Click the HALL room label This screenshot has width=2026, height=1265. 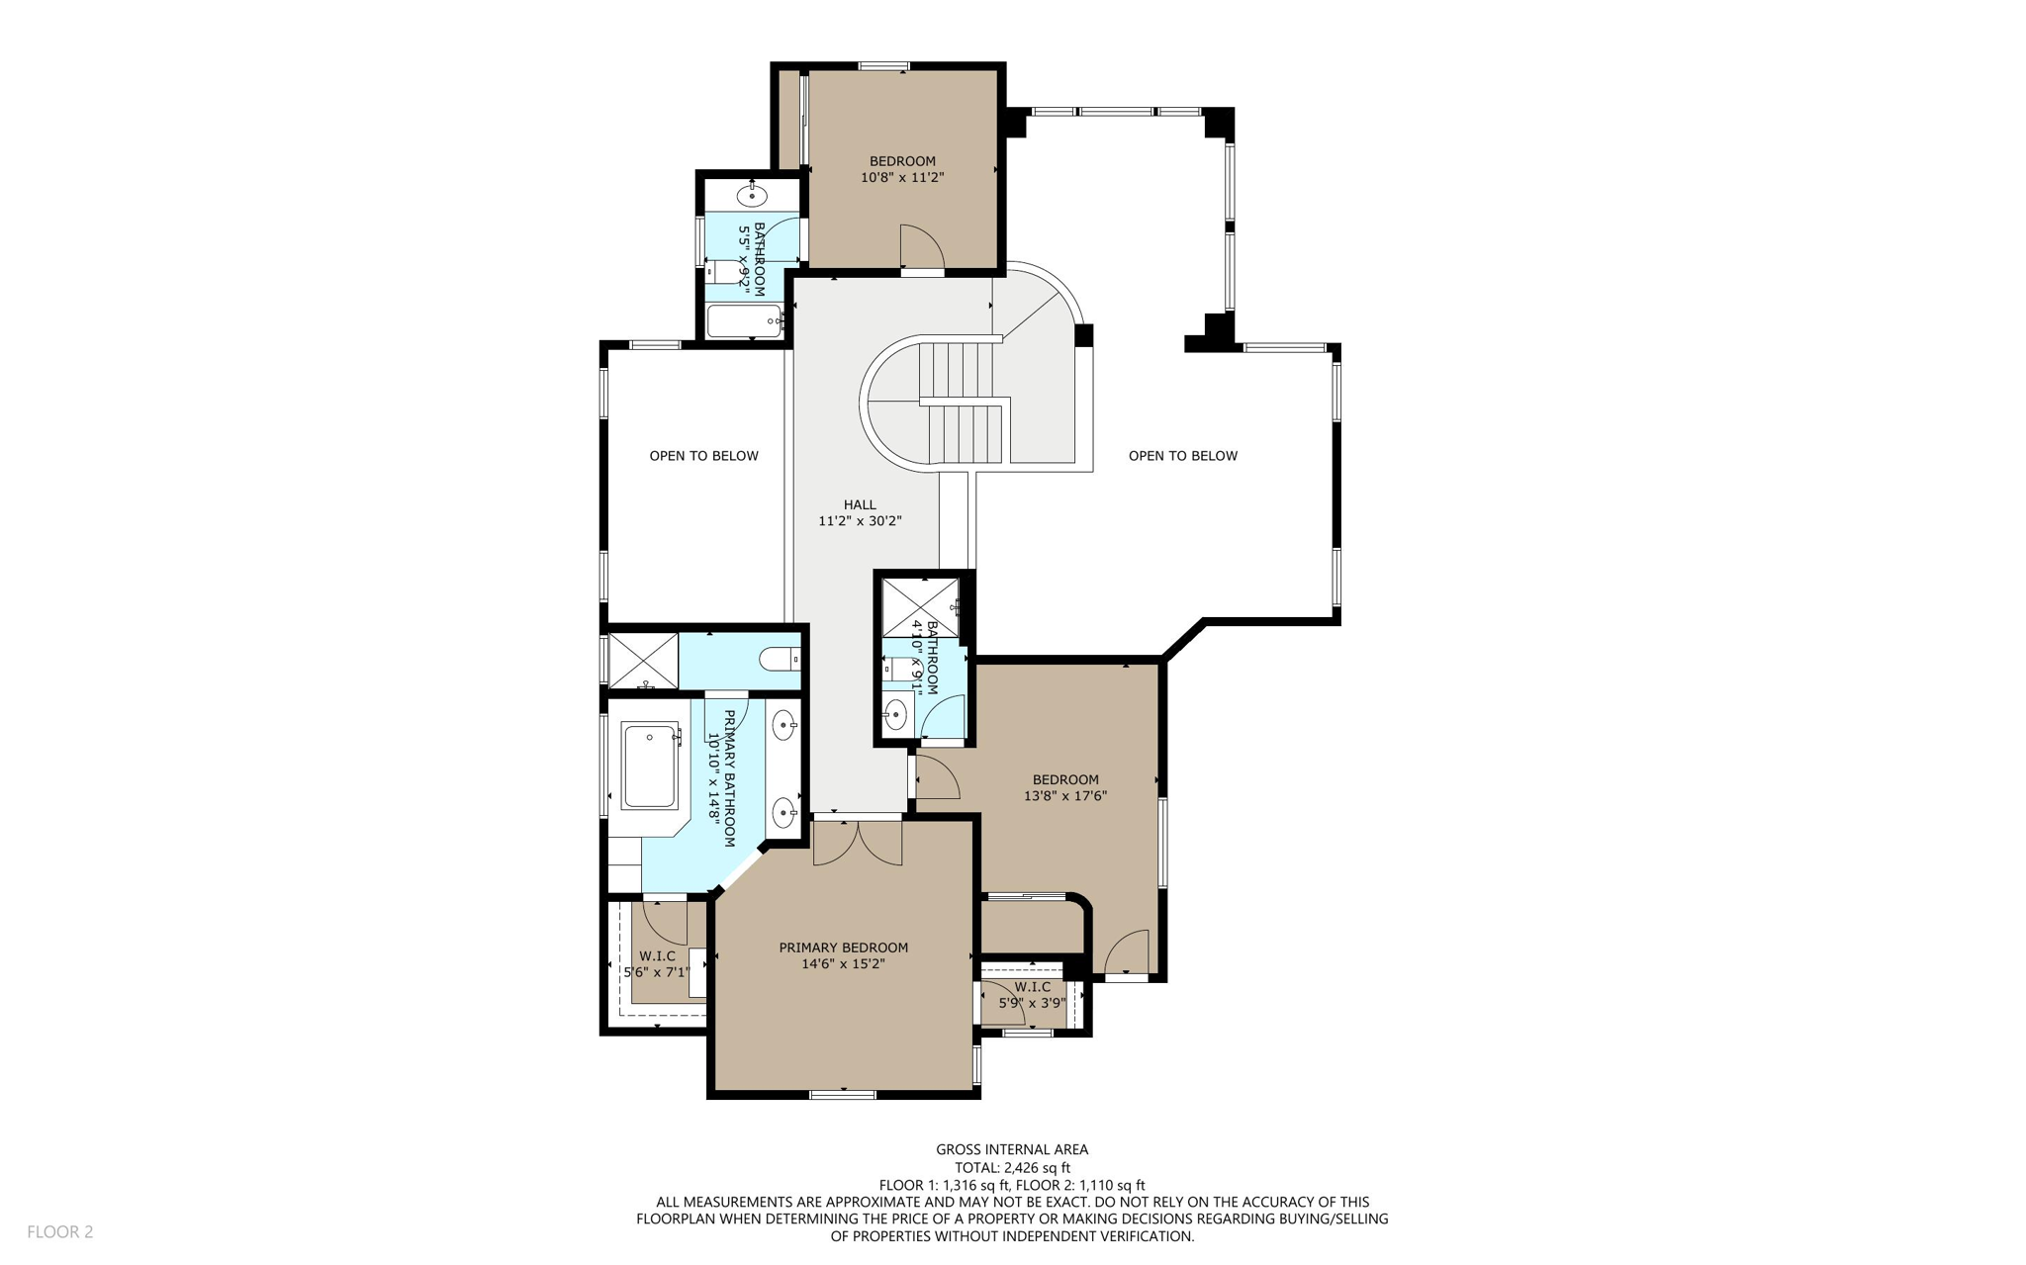(859, 504)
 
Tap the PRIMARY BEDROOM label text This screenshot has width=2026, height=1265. (843, 948)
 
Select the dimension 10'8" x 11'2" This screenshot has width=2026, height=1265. (902, 178)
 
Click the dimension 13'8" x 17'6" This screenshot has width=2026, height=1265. (1064, 796)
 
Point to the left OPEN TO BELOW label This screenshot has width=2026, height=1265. (703, 456)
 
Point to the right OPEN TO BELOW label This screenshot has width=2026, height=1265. (1182, 456)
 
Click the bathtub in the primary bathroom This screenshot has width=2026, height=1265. (649, 766)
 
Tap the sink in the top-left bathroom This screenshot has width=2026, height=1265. (752, 195)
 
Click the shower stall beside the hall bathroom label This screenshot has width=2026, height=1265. (920, 607)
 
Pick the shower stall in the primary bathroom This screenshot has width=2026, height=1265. (643, 661)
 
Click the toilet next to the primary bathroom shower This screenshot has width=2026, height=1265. (780, 658)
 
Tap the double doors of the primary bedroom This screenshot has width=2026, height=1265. (858, 842)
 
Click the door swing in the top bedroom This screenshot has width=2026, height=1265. (920, 246)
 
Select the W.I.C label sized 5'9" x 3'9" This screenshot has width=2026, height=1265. (1032, 995)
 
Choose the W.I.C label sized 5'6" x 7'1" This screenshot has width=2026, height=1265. (657, 964)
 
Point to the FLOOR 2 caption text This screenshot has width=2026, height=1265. (59, 1231)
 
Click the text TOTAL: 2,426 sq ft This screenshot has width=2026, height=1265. (1012, 1167)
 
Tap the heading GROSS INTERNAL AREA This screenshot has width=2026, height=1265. (1012, 1149)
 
